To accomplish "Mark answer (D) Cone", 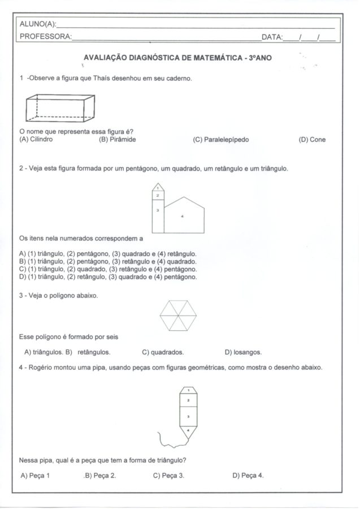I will [x=312, y=140].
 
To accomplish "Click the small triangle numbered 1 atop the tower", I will [x=158, y=186].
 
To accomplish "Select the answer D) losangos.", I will [x=243, y=352].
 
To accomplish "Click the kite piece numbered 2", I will [x=188, y=400].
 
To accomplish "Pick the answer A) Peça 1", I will [x=35, y=476].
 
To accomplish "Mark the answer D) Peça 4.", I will [x=248, y=476].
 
